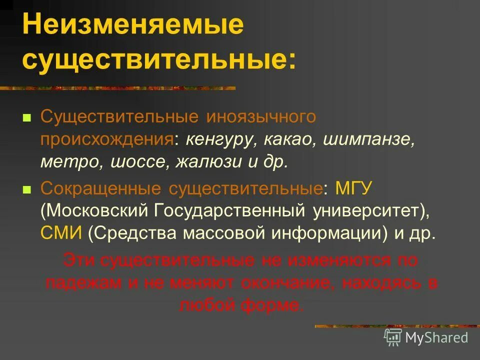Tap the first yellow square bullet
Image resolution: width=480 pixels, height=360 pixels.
click(27, 118)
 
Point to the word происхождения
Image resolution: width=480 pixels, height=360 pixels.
click(107, 139)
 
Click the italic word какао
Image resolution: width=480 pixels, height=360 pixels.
click(290, 139)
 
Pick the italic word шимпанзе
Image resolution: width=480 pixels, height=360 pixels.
click(369, 139)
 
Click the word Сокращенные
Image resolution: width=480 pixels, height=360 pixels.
click(101, 189)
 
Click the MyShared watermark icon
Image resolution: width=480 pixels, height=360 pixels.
click(393, 337)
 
